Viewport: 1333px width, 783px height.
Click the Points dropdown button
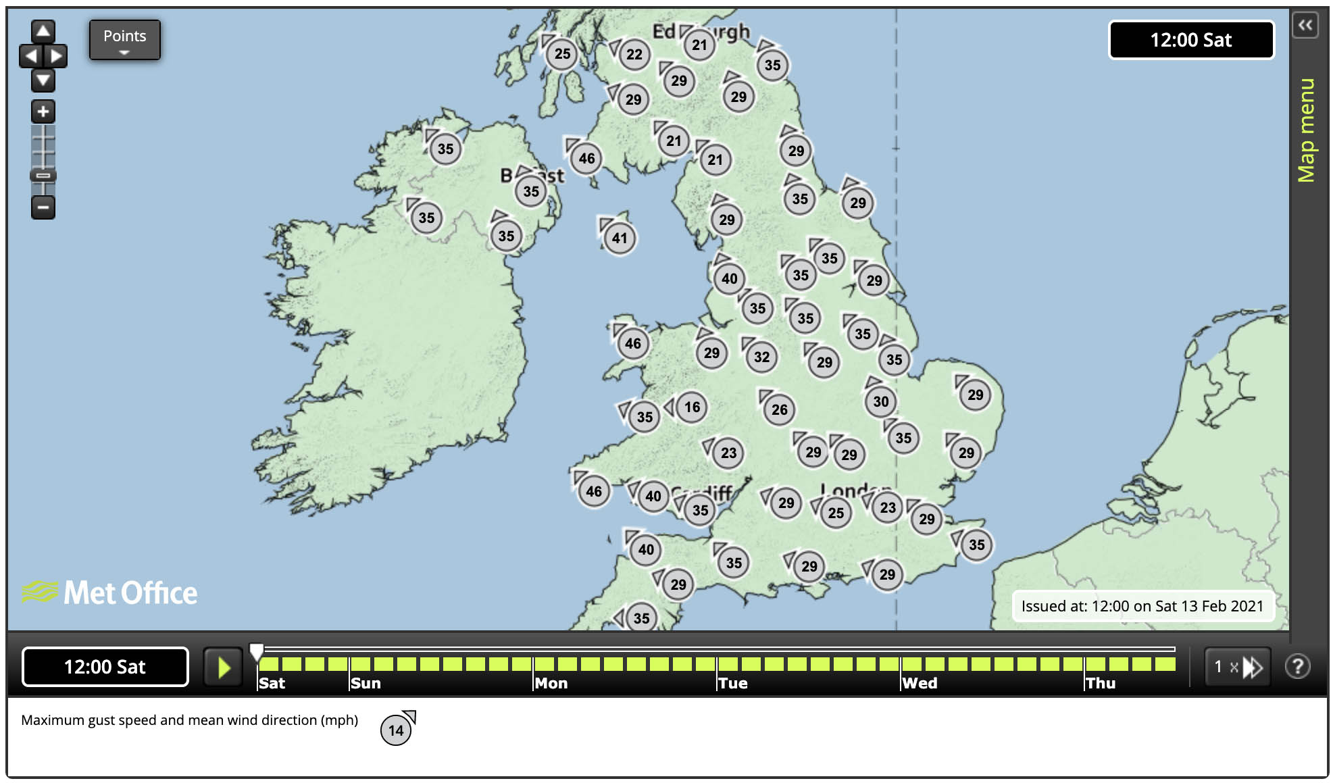click(124, 40)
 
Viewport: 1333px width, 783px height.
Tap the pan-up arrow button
click(43, 31)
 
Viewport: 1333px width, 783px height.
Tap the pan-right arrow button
click(57, 55)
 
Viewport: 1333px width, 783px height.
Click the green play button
click(224, 667)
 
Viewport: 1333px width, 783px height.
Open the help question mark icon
click(1297, 667)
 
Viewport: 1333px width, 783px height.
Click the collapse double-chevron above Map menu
click(1305, 26)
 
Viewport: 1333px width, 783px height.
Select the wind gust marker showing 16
click(692, 407)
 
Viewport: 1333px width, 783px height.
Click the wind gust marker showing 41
click(620, 238)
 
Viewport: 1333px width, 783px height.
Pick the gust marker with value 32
click(761, 357)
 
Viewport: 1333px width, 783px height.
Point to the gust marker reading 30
click(880, 402)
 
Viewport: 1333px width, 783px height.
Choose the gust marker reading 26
click(779, 409)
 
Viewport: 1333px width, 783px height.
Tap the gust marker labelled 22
click(634, 54)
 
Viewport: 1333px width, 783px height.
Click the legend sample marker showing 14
click(396, 730)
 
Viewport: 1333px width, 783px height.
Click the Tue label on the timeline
click(733, 683)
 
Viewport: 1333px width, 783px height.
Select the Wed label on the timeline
click(920, 683)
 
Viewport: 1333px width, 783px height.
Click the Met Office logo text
click(130, 593)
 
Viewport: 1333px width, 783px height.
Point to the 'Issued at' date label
click(1142, 606)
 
